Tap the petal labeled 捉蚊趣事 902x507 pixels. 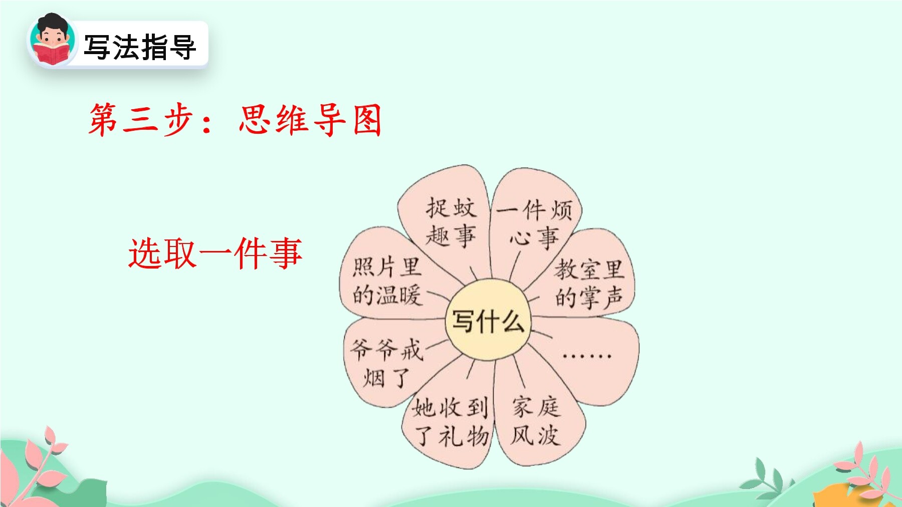pyautogui.click(x=450, y=221)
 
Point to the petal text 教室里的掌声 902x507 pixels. pyautogui.click(x=589, y=284)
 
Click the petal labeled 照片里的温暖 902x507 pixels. pyautogui.click(x=387, y=281)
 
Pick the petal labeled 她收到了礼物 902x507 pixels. pyautogui.click(x=450, y=422)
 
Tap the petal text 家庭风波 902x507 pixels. pyautogui.click(x=535, y=421)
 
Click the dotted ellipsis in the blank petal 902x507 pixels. pyautogui.click(x=586, y=356)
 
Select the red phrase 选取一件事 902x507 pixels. pyautogui.click(x=215, y=253)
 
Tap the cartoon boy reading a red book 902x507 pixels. pyautogui.click(x=52, y=40)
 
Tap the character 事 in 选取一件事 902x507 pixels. pyautogui.click(x=286, y=253)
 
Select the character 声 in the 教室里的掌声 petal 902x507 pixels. pyautogui.click(x=613, y=298)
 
